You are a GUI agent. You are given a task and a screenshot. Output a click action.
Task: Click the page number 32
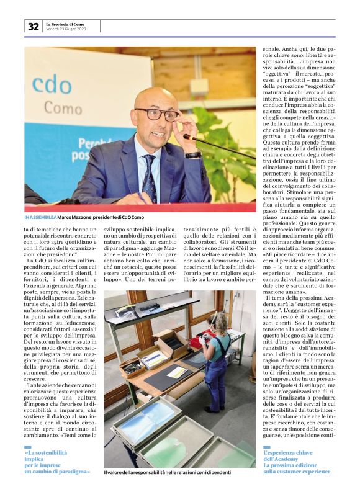[33, 27]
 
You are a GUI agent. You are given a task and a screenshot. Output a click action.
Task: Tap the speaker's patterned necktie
[149, 177]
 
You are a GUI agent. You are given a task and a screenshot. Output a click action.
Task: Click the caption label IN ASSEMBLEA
[40, 217]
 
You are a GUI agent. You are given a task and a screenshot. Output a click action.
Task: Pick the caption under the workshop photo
[167, 472]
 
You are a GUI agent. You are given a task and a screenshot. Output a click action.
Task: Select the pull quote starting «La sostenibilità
[57, 462]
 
